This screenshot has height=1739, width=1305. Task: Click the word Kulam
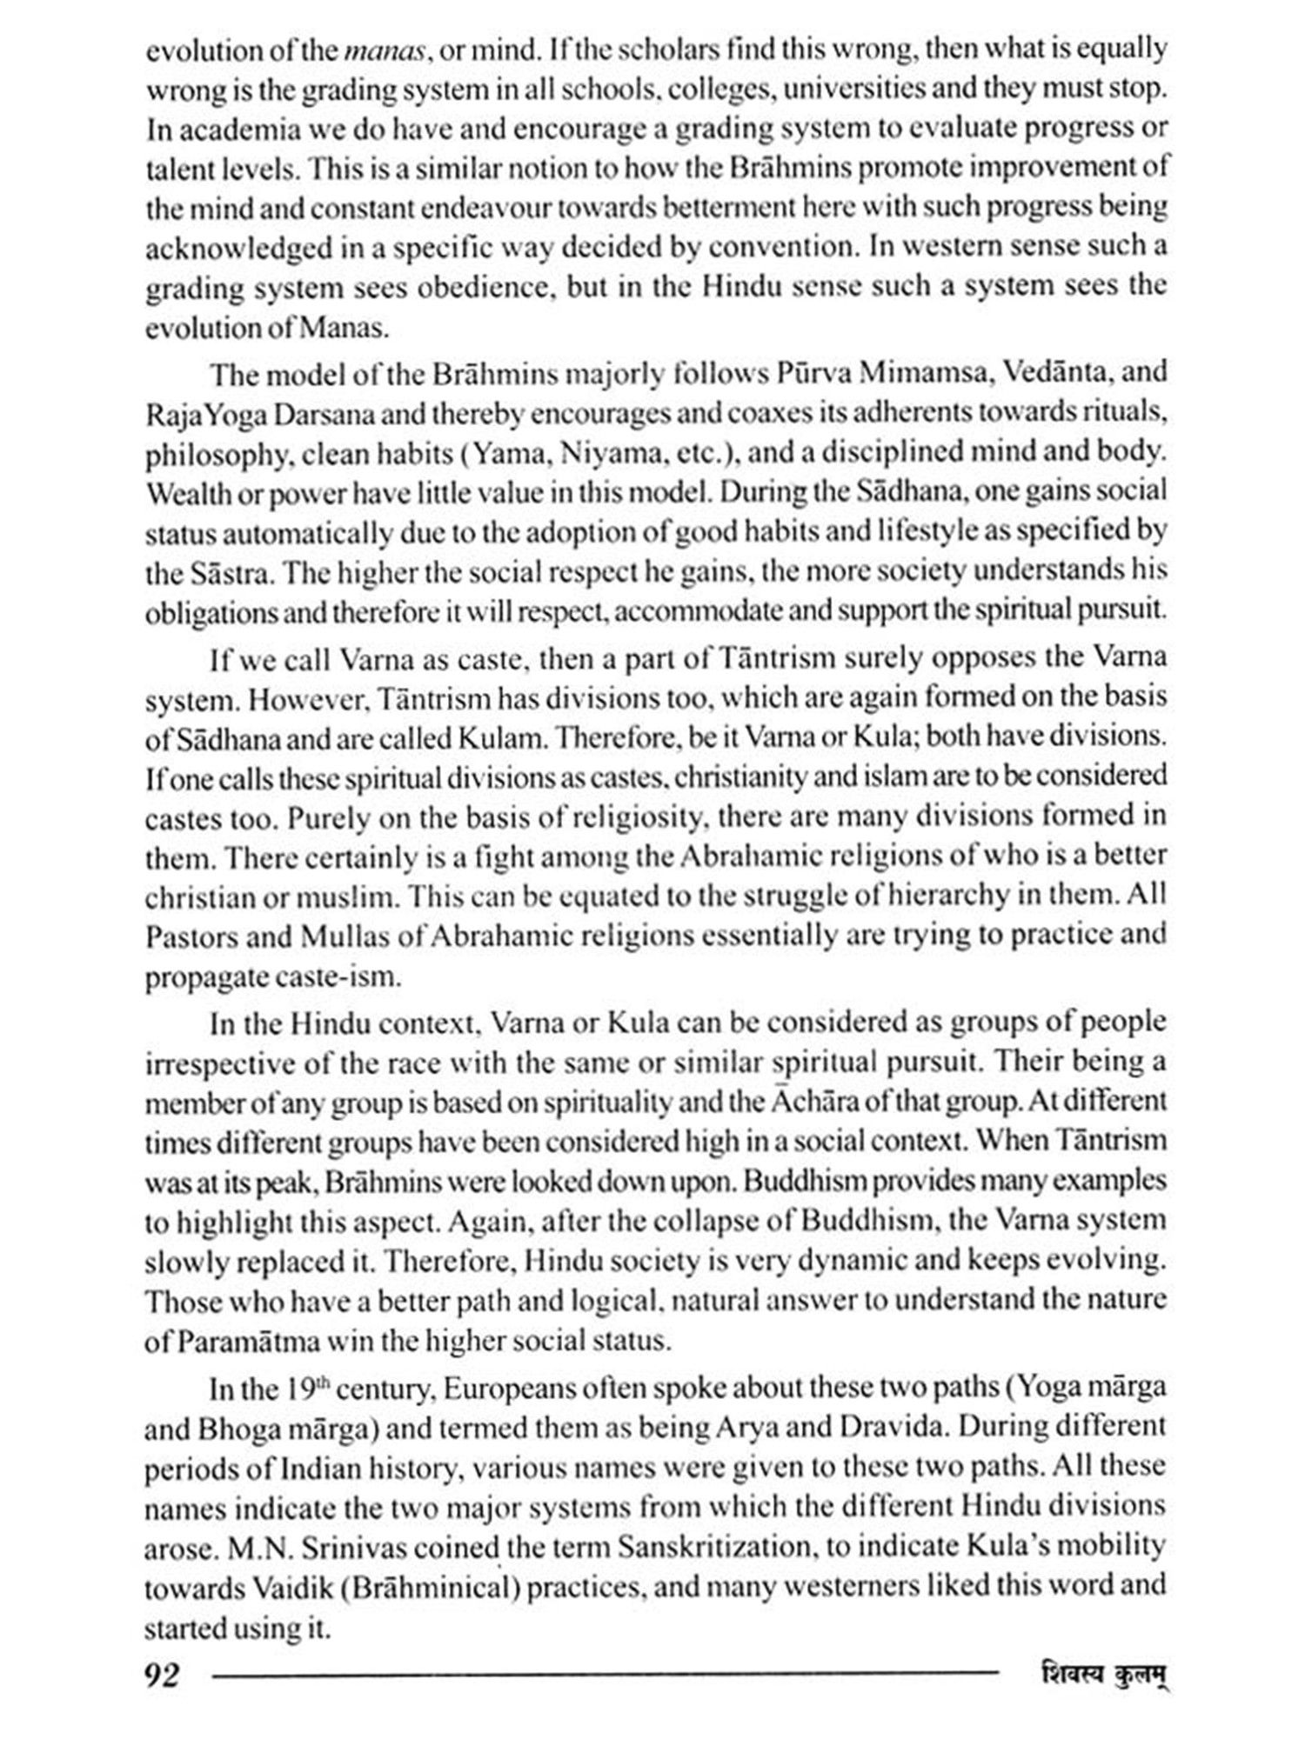[501, 738]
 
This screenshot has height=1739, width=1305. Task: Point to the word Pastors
[190, 937]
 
